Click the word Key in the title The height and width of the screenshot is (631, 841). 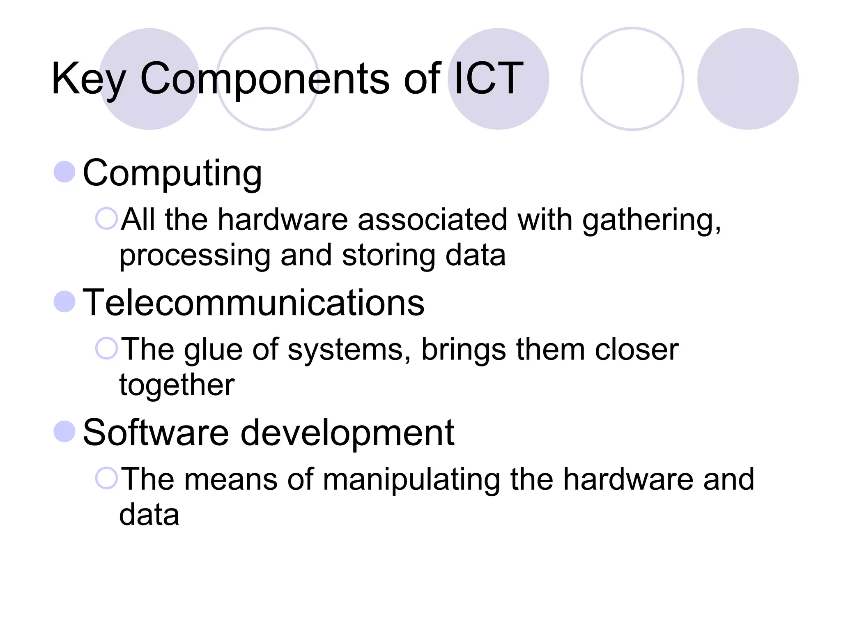[x=88, y=79]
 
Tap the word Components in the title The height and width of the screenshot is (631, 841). [x=265, y=79]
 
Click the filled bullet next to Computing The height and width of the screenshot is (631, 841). [x=64, y=172]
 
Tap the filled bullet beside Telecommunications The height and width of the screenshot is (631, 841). [x=64, y=302]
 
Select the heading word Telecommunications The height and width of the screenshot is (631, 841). [x=253, y=303]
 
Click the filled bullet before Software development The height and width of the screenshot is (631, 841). [x=64, y=431]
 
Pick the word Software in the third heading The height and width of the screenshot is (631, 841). [x=156, y=432]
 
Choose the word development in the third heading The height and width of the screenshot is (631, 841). [x=347, y=433]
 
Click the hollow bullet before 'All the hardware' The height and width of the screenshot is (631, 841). [x=106, y=218]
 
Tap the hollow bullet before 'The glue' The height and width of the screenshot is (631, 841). [x=106, y=348]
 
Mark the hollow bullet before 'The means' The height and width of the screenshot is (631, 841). [x=106, y=478]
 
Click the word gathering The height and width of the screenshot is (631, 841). [x=651, y=220]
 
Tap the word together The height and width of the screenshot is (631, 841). [x=177, y=385]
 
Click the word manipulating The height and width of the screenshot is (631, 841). [x=411, y=479]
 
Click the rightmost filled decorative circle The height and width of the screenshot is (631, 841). [x=748, y=79]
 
